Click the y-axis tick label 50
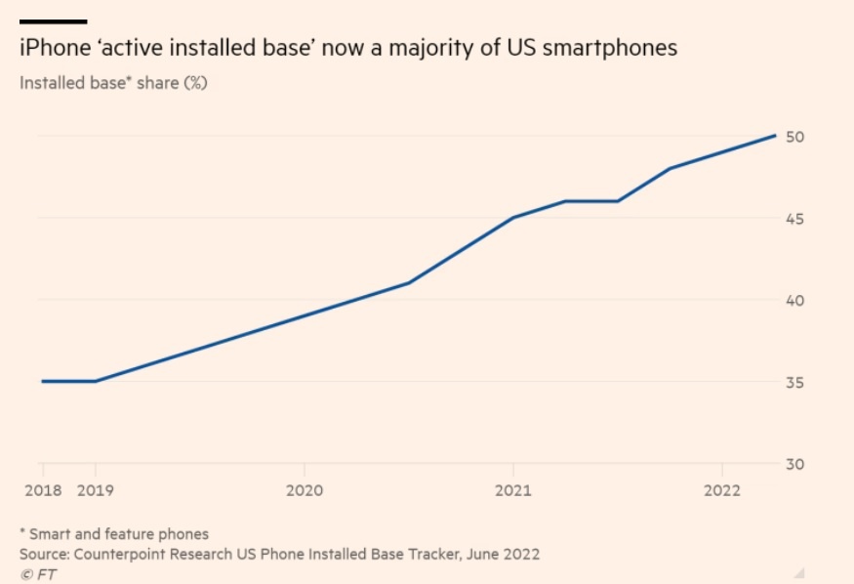click(x=794, y=137)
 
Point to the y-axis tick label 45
click(x=794, y=219)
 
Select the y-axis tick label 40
click(x=794, y=301)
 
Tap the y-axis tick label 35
click(x=794, y=382)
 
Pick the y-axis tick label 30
click(x=794, y=464)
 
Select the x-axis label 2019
click(x=96, y=489)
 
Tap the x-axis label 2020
click(x=305, y=489)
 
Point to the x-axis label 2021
click(x=513, y=489)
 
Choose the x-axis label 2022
click(x=721, y=489)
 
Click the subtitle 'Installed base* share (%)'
click(x=113, y=82)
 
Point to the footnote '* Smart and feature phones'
click(x=114, y=533)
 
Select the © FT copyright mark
click(x=38, y=573)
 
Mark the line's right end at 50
click(x=775, y=136)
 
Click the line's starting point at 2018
click(x=42, y=381)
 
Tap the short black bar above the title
click(x=53, y=21)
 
